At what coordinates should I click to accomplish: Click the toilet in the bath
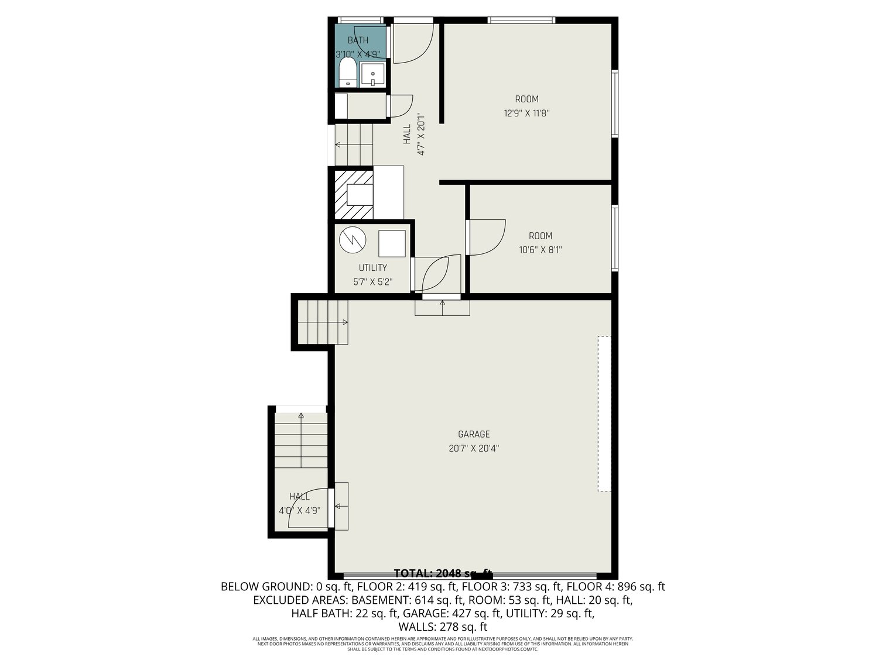[x=347, y=73]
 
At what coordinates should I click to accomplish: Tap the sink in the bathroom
[x=372, y=75]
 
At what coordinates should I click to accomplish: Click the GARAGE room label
[x=473, y=434]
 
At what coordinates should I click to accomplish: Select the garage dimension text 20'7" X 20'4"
[x=473, y=449]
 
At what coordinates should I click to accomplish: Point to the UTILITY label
[x=372, y=268]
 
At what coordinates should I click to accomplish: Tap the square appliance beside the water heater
[x=391, y=243]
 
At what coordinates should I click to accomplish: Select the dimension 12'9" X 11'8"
[x=526, y=113]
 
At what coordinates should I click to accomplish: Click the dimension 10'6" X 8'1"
[x=540, y=250]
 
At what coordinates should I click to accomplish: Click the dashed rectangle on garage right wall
[x=604, y=413]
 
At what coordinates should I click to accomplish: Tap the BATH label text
[x=358, y=40]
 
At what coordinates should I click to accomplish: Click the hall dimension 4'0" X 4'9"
[x=299, y=510]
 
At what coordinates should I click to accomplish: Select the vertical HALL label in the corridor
[x=407, y=135]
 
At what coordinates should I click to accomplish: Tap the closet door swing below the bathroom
[x=401, y=105]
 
